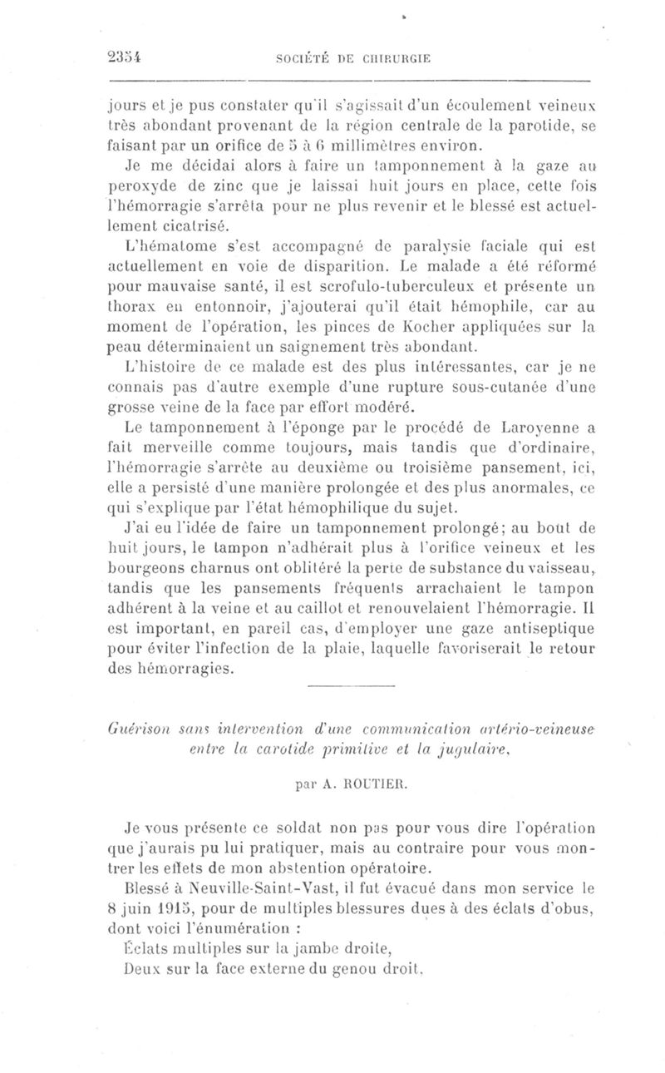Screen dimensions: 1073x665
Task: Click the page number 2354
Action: (124, 57)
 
